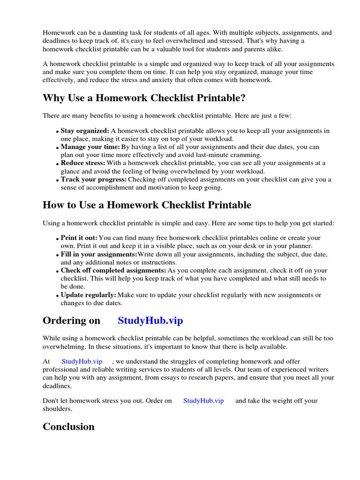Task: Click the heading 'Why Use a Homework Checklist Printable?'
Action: pyautogui.click(x=144, y=98)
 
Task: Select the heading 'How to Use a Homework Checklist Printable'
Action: pyautogui.click(x=147, y=205)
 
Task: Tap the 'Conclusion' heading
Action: pyautogui.click(x=68, y=427)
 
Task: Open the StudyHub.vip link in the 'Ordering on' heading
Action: pyautogui.click(x=150, y=321)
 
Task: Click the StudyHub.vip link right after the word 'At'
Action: pyautogui.click(x=82, y=361)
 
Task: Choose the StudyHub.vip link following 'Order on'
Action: pyautogui.click(x=203, y=401)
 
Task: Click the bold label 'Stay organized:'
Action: pyautogui.click(x=85, y=131)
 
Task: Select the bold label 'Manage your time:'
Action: pyautogui.click(x=90, y=147)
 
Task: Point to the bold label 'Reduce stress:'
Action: pyautogui.click(x=83, y=163)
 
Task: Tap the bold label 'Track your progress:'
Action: pyautogui.click(x=94, y=180)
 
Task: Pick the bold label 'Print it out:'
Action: pyautogui.click(x=79, y=238)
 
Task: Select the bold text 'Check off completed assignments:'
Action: pyautogui.click(x=113, y=270)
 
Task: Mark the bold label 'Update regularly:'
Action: pyautogui.click(x=88, y=295)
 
